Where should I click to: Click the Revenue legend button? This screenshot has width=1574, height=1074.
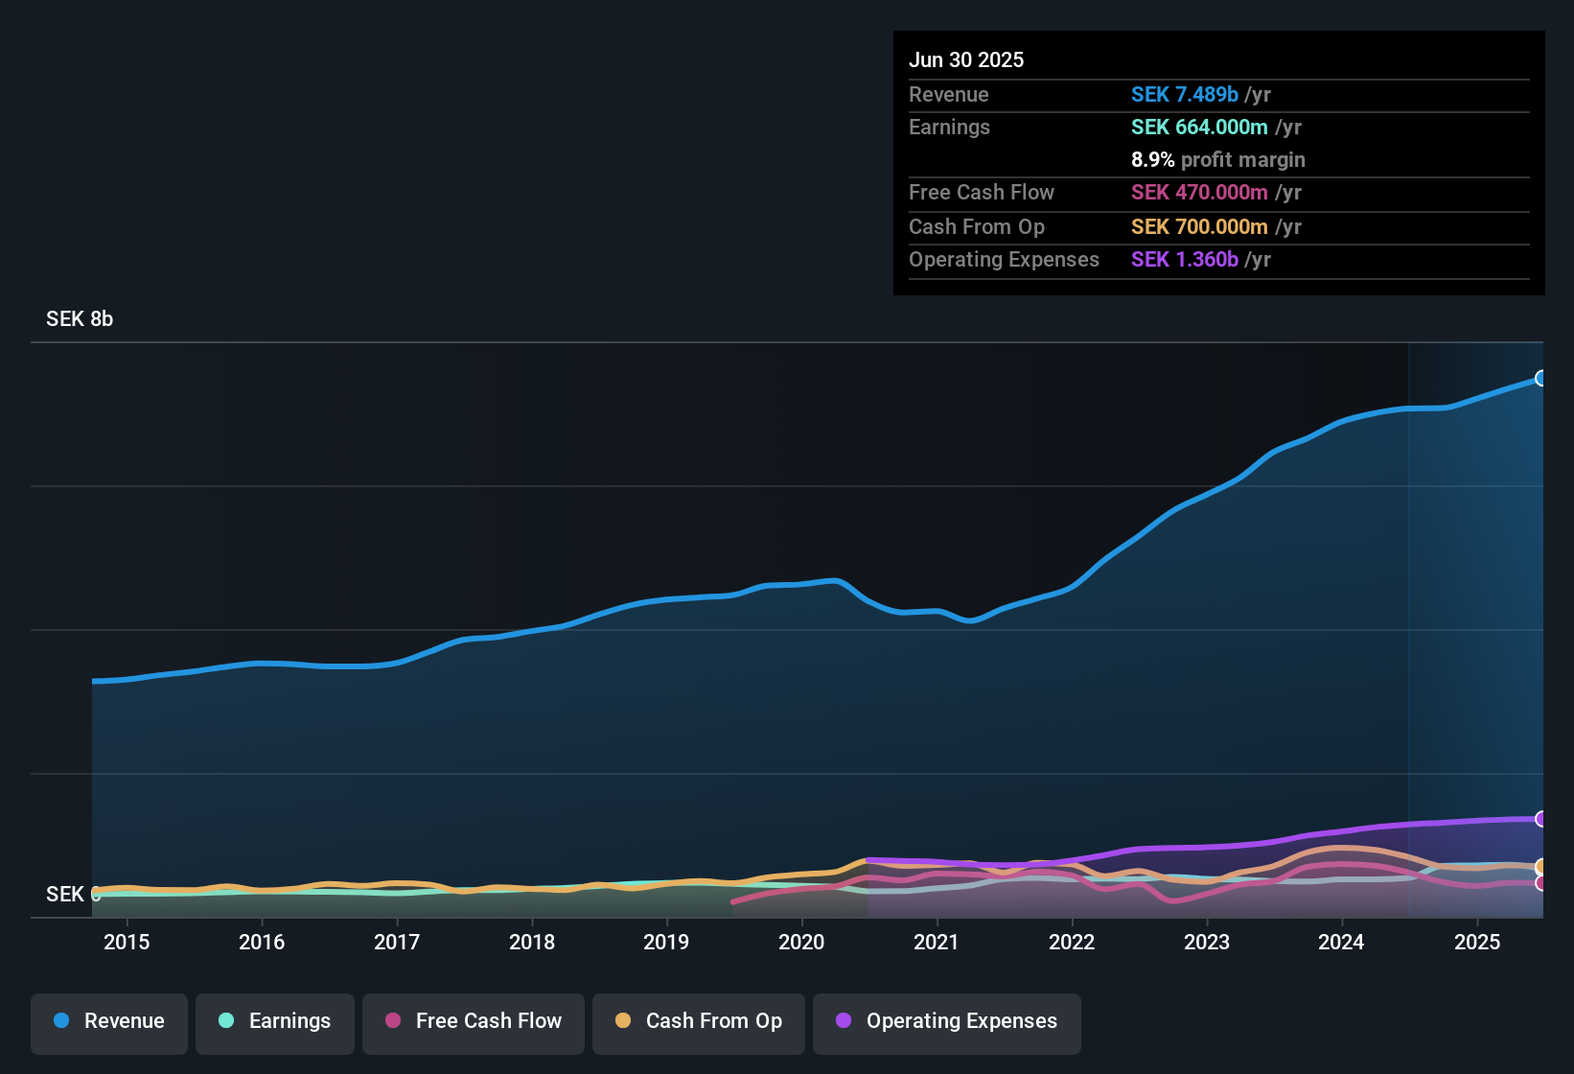coord(109,1021)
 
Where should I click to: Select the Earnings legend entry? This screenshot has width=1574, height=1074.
coord(275,1021)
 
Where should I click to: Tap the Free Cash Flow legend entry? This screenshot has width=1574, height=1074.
coord(474,1021)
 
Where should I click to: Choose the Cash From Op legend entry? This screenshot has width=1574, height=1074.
coord(699,1021)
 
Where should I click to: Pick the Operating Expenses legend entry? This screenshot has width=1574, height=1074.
coord(947,1021)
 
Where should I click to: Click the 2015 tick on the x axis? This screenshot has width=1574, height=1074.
coord(127,942)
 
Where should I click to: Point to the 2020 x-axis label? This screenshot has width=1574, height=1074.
coord(801,942)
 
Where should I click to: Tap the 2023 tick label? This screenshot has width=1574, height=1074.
coord(1207,942)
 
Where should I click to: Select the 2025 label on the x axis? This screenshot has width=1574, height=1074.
coord(1477,942)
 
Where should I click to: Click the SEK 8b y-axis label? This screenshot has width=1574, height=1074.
coord(80,319)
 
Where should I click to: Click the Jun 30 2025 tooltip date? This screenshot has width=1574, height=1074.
coord(966,60)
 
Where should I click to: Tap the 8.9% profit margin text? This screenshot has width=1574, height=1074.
coord(1217,160)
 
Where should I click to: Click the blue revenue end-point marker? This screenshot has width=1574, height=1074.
coord(1540,378)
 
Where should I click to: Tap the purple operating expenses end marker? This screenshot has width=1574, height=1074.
coord(1540,819)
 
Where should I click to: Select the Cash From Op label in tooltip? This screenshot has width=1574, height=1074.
coord(976,227)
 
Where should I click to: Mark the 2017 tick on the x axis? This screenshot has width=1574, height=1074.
coord(397,942)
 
